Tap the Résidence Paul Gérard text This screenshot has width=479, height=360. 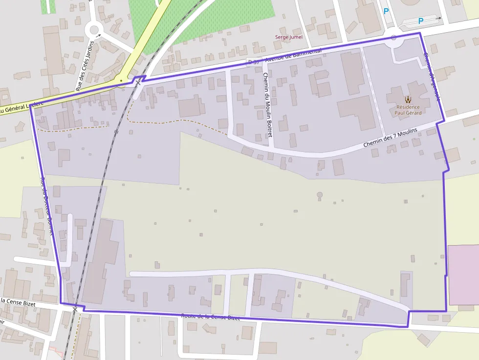pyautogui.click(x=408, y=110)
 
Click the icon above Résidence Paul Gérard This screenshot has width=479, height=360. pyautogui.click(x=408, y=100)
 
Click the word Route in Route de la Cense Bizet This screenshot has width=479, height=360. pyautogui.click(x=189, y=316)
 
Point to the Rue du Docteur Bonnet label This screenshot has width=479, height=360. pyautogui.click(x=46, y=205)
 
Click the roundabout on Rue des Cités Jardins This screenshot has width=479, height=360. pyautogui.click(x=93, y=30)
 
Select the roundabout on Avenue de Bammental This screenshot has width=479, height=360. pyautogui.click(x=393, y=38)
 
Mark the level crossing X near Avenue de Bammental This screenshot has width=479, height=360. pyautogui.click(x=138, y=83)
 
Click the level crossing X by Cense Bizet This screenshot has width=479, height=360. pyautogui.click(x=75, y=309)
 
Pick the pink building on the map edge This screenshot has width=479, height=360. pyautogui.click(x=463, y=275)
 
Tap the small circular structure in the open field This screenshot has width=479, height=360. pyautogui.click(x=320, y=195)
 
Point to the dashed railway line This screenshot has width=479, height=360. pyautogui.click(x=98, y=195)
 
